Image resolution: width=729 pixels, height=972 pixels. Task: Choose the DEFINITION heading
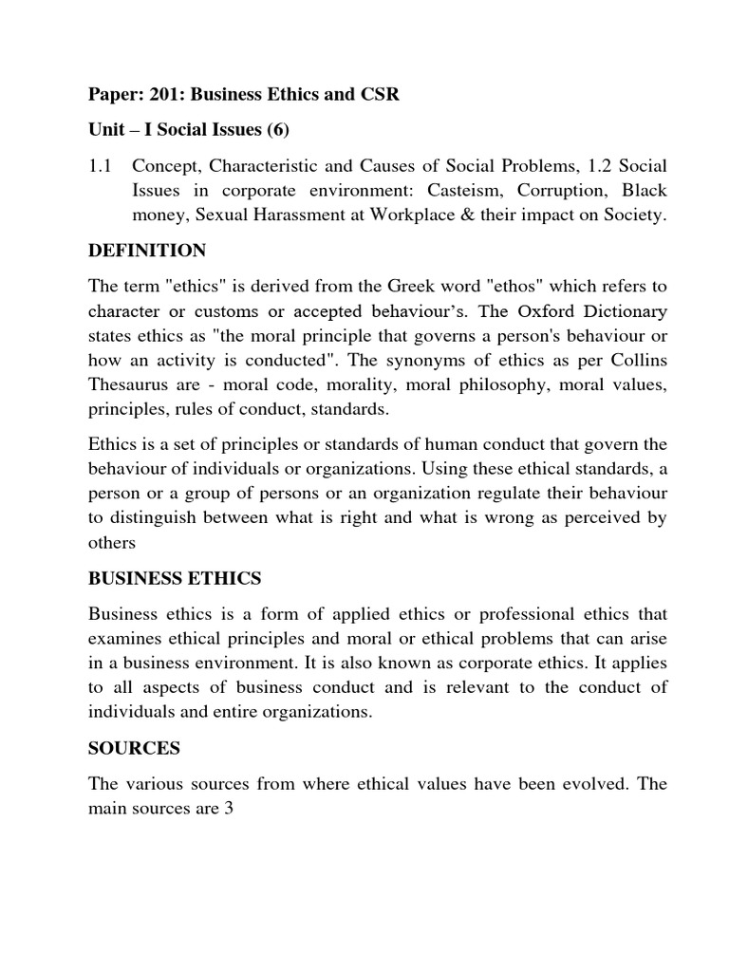coord(147,252)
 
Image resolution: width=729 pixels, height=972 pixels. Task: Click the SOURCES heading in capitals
coord(134,749)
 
